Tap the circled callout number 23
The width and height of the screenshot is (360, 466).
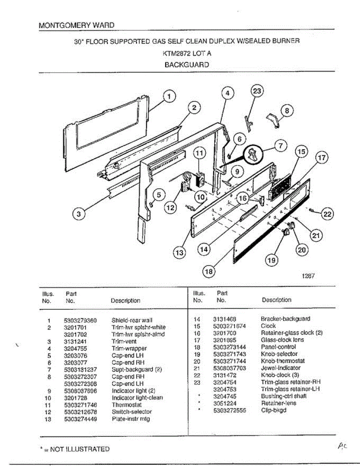(257, 92)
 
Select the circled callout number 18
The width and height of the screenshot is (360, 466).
(209, 272)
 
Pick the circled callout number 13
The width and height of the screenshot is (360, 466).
(179, 253)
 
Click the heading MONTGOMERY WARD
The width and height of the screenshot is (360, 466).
(77, 25)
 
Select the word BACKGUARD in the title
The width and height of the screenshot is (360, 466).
(186, 65)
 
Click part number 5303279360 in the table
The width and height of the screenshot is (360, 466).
(80, 321)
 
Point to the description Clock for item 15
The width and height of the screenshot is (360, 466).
(268, 326)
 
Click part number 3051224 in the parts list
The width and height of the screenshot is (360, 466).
(228, 403)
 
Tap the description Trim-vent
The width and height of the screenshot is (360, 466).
(124, 342)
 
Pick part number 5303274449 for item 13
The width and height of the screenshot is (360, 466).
(80, 419)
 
